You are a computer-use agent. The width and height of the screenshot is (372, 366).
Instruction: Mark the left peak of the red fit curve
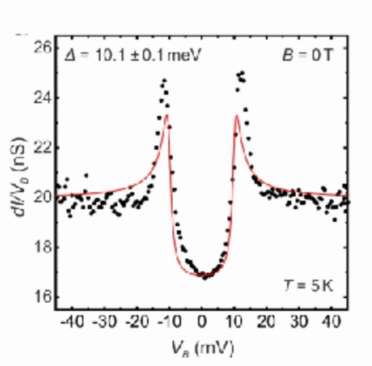pos(167,115)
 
